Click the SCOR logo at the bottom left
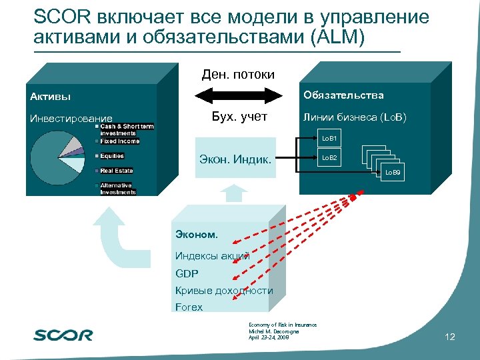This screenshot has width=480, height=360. pos(63,335)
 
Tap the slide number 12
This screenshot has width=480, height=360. pos(449,337)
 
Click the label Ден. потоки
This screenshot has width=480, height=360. pos(238,74)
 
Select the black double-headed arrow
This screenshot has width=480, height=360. pos(238,98)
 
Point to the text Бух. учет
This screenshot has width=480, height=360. pos(238,117)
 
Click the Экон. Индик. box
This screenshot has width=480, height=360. pos(235,159)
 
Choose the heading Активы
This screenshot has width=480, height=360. pos(50,97)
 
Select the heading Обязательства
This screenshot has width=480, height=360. pos(343,95)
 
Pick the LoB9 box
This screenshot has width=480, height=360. pos(392,173)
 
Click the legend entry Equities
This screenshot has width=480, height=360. pos(112,156)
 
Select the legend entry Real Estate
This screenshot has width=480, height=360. pos(116,171)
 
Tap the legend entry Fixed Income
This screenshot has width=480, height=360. pos(119,141)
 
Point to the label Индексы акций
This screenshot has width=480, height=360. pos(212,255)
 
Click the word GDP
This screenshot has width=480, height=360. pos(187,273)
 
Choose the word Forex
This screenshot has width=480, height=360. pos(189,307)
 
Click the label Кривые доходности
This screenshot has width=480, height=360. pos(224,291)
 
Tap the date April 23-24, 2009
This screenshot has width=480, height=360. pos(270,337)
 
